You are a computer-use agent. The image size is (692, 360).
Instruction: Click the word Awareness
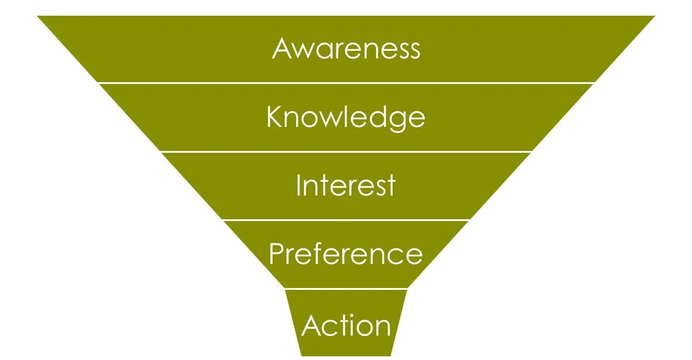pyautogui.click(x=346, y=48)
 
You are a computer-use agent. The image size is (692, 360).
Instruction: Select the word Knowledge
pyautogui.click(x=346, y=117)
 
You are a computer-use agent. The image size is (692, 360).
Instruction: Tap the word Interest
pyautogui.click(x=346, y=186)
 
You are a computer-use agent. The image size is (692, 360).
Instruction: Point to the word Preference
pyautogui.click(x=346, y=254)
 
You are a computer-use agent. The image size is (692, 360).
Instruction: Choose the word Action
pyautogui.click(x=346, y=325)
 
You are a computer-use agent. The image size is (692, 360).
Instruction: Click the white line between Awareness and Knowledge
pyautogui.click(x=346, y=83)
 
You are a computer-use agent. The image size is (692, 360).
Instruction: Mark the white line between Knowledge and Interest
pyautogui.click(x=346, y=151)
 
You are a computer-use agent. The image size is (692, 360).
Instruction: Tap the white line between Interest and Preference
pyautogui.click(x=346, y=220)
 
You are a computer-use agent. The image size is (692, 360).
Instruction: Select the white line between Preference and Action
pyautogui.click(x=346, y=289)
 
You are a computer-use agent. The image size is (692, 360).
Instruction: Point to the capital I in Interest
pyautogui.click(x=298, y=185)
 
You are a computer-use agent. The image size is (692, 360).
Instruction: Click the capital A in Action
pyautogui.click(x=312, y=325)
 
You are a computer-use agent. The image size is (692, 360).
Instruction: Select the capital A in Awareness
pyautogui.click(x=282, y=48)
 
